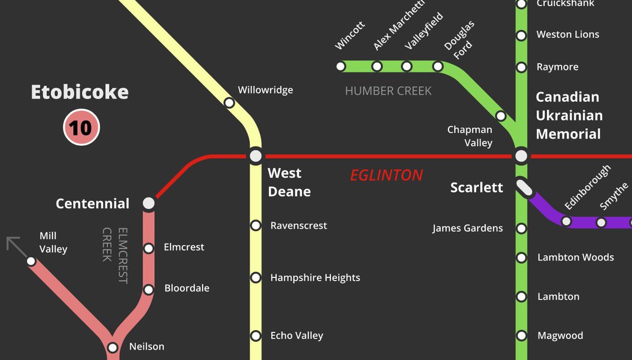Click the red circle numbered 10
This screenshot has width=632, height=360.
pyautogui.click(x=81, y=127)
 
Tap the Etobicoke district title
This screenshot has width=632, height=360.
pyautogui.click(x=79, y=92)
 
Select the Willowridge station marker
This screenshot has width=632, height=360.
pyautogui.click(x=229, y=103)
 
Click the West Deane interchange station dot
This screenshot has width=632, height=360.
pyautogui.click(x=256, y=155)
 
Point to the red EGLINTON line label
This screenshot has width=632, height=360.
pyautogui.click(x=386, y=175)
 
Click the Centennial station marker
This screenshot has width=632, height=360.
pyautogui.click(x=149, y=202)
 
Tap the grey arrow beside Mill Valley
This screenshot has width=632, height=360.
pyautogui.click(x=15, y=246)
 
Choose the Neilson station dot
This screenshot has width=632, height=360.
pyautogui.click(x=113, y=347)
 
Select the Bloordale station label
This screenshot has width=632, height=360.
pyautogui.click(x=186, y=288)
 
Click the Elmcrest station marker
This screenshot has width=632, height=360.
pyautogui.click(x=149, y=248)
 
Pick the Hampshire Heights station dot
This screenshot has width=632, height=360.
pyautogui.click(x=256, y=277)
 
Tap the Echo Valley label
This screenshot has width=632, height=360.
pyautogui.click(x=297, y=336)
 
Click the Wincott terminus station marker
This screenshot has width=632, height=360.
pyautogui.click(x=340, y=66)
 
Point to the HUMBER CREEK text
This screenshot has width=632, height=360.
pyautogui.click(x=388, y=91)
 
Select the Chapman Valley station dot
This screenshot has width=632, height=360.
pyautogui.click(x=500, y=116)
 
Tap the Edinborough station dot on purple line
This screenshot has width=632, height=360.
pyautogui.click(x=566, y=221)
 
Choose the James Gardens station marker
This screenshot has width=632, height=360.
pyautogui.click(x=522, y=228)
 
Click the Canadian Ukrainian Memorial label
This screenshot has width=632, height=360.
pyautogui.click(x=569, y=115)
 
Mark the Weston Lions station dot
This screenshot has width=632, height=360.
pyautogui.click(x=522, y=35)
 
